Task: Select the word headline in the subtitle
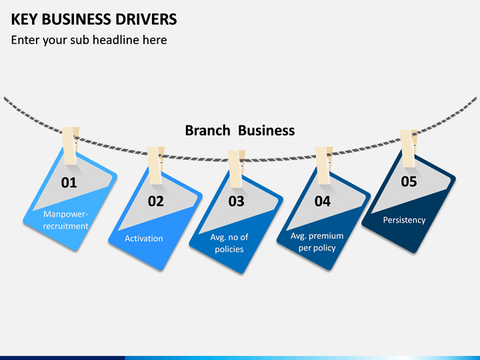[x=116, y=40]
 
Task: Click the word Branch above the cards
[x=207, y=131]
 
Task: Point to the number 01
[x=69, y=183]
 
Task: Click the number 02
[x=156, y=201]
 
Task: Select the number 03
[x=236, y=201]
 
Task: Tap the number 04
[x=323, y=201]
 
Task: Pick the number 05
[x=409, y=181]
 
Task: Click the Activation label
[x=144, y=239]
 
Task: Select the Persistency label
[x=405, y=220]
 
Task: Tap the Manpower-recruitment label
[x=65, y=220]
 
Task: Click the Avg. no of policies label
[x=229, y=243]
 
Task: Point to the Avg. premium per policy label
[x=317, y=242]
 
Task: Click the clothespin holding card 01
[x=70, y=146]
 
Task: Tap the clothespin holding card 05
[x=409, y=148]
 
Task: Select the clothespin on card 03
[x=236, y=169]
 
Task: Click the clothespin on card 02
[x=155, y=165]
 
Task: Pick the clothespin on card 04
[x=324, y=165]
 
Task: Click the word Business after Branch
[x=267, y=131]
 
